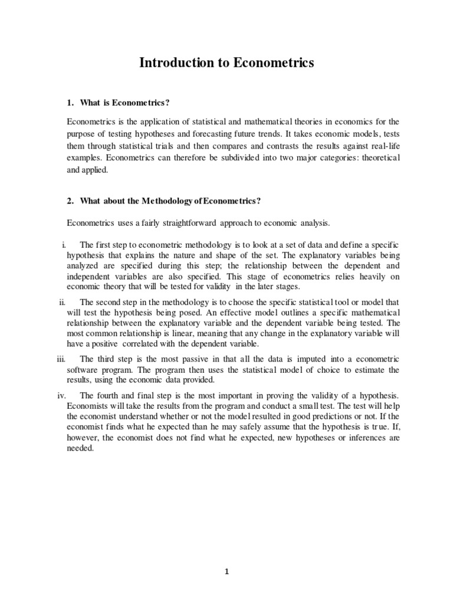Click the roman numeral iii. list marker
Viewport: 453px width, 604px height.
pos(61,359)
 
